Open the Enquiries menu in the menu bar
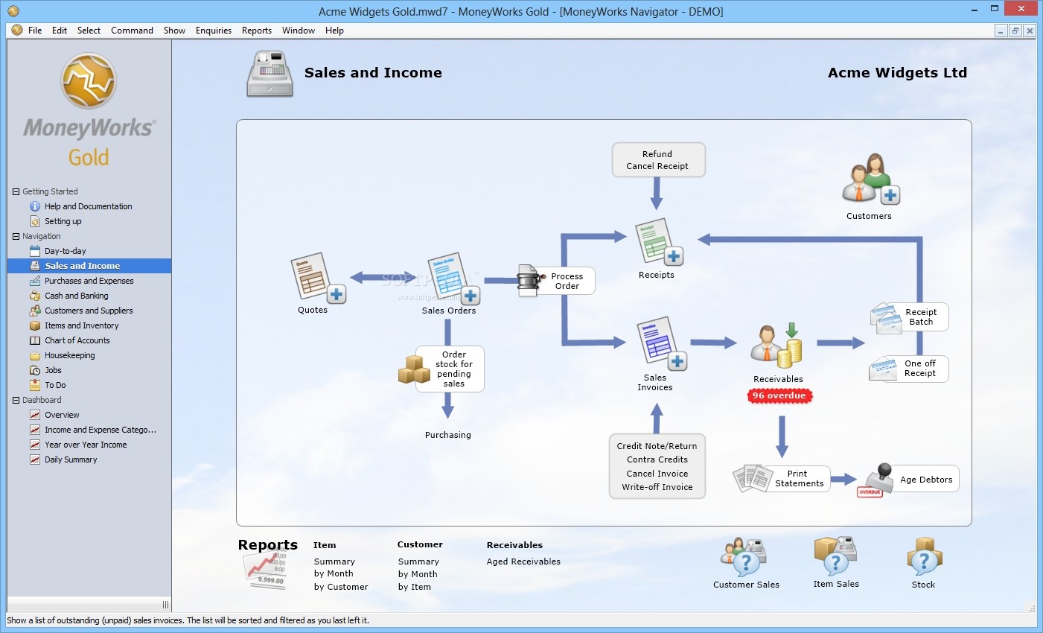click(213, 31)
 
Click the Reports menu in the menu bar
click(257, 31)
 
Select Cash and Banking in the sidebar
click(77, 296)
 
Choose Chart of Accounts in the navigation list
click(77, 340)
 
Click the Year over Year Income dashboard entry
click(86, 445)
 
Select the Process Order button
click(556, 281)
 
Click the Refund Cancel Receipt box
click(658, 160)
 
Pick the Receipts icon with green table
click(658, 243)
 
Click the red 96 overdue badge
click(779, 395)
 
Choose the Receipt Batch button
click(909, 317)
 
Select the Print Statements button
click(781, 478)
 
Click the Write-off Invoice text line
click(657, 487)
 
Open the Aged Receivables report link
click(523, 562)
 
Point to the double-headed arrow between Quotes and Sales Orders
click(383, 278)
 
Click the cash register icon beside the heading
click(269, 74)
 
